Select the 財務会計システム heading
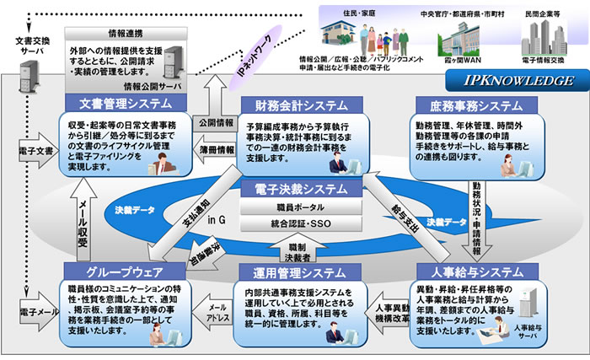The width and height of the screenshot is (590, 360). (x=296, y=104)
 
